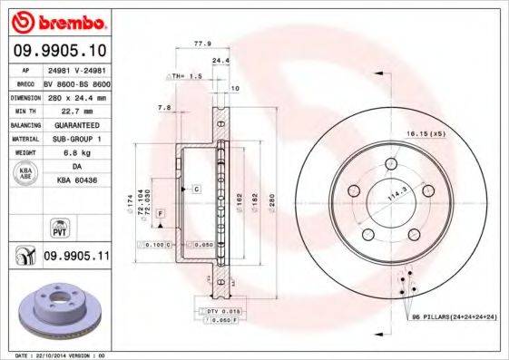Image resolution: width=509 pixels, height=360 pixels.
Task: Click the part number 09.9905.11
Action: pyautogui.click(x=76, y=257)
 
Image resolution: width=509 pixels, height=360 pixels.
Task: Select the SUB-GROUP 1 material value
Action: pyautogui.click(x=76, y=139)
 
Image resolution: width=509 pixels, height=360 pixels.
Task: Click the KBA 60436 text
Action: pyautogui.click(x=76, y=180)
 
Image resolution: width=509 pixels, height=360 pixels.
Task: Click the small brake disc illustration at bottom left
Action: pyautogui.click(x=54, y=313)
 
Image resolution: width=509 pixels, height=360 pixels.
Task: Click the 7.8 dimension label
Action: pyautogui.click(x=164, y=108)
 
